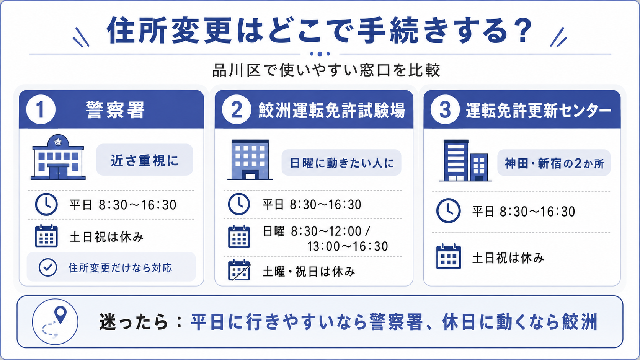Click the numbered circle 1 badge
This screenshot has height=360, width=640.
(x=41, y=109)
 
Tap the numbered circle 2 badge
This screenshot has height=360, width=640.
(x=237, y=109)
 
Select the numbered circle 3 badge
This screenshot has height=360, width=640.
(x=445, y=109)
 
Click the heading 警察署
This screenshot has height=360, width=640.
(x=116, y=110)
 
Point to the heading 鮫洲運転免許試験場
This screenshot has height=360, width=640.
(x=332, y=110)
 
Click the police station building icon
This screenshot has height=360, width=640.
(x=58, y=157)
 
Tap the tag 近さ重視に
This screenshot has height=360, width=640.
(x=145, y=160)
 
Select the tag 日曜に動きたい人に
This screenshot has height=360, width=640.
(x=341, y=163)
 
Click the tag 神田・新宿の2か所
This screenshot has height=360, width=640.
(x=554, y=163)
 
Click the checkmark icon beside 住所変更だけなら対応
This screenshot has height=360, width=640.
(x=48, y=267)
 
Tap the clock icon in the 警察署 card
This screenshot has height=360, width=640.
(x=46, y=204)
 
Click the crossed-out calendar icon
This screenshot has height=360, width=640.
(x=239, y=270)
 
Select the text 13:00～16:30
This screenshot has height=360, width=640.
(x=348, y=246)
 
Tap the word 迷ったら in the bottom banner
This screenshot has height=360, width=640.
(x=134, y=322)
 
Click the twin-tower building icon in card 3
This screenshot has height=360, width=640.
(x=465, y=160)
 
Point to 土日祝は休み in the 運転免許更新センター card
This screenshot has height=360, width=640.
(x=508, y=258)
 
